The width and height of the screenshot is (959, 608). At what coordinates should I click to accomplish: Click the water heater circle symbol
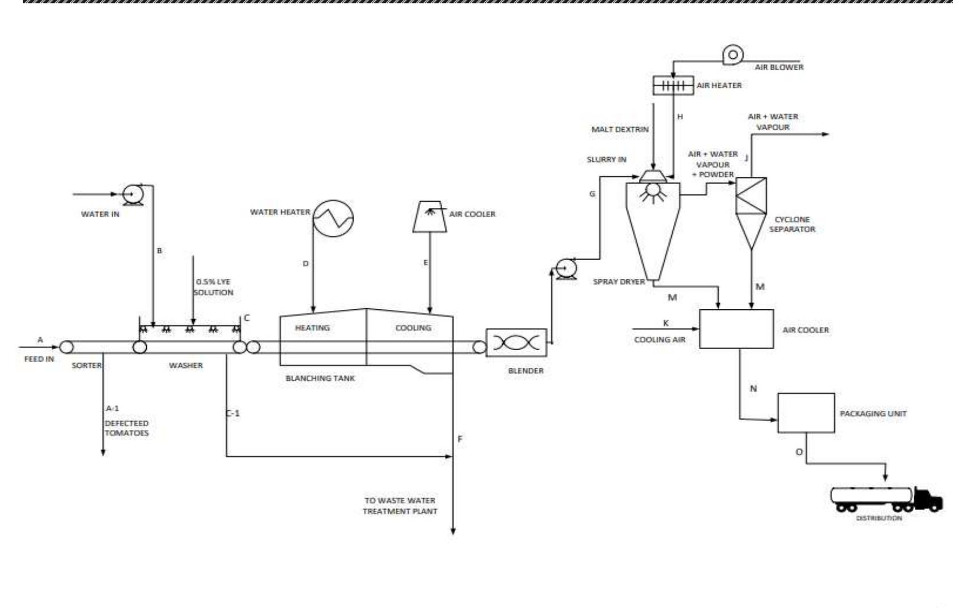[334, 219]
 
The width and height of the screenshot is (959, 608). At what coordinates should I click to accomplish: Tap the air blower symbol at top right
[732, 55]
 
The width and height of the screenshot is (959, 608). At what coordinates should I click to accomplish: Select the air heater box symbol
[673, 86]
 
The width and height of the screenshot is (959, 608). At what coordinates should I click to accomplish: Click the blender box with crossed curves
[516, 343]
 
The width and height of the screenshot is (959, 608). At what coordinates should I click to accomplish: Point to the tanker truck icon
[886, 498]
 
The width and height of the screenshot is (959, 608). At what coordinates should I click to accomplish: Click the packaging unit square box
[805, 413]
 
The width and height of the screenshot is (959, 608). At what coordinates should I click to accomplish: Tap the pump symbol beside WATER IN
[133, 194]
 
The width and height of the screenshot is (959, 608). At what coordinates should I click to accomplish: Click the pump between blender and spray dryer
[565, 267]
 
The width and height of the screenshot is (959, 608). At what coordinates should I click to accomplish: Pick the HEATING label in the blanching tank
[312, 328]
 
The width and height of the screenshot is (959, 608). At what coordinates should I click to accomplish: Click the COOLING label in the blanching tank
[413, 328]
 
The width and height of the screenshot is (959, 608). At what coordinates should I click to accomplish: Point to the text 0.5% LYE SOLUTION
[213, 287]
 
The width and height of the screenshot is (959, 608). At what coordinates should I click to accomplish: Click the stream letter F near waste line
[460, 439]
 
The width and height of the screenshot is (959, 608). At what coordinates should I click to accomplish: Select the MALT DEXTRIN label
[619, 129]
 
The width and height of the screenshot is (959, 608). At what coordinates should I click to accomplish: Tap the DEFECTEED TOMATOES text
[126, 428]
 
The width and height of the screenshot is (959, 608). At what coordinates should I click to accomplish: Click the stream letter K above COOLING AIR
[666, 323]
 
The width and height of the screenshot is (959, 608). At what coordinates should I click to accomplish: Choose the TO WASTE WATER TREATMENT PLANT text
[400, 506]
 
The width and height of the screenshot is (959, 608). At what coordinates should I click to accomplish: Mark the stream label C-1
[233, 414]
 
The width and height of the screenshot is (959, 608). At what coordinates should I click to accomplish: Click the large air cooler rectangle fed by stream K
[736, 329]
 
